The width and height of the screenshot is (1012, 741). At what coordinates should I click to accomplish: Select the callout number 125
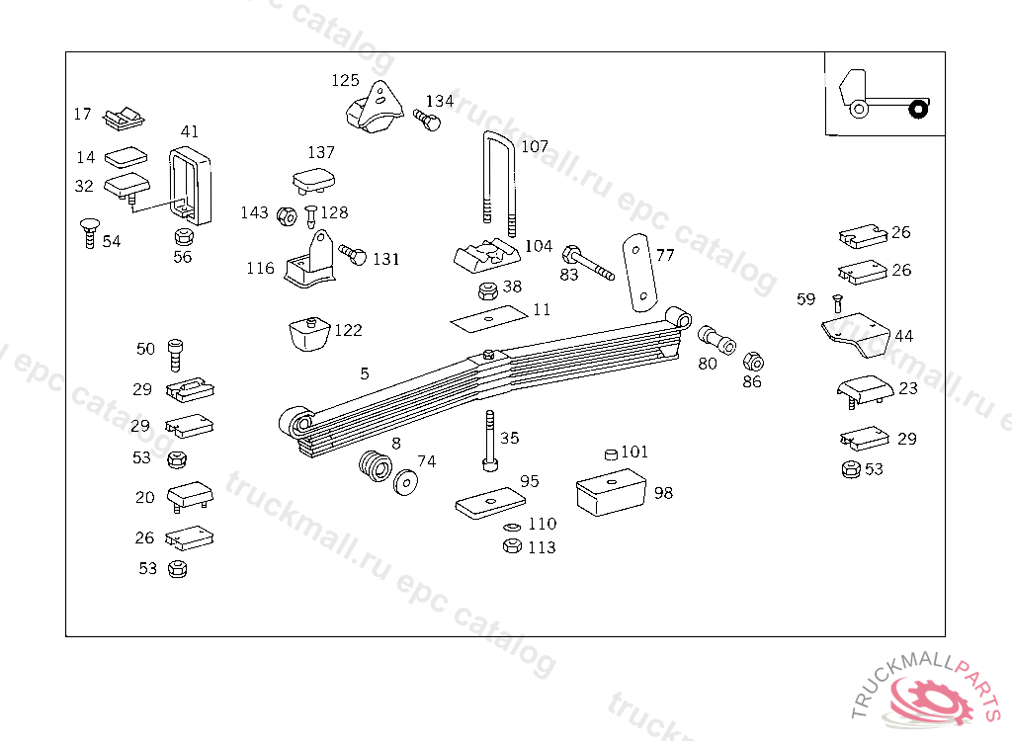click(345, 80)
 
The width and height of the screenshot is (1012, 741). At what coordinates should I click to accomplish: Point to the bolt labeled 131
click(353, 255)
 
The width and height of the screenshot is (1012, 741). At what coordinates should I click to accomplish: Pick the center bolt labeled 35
click(489, 442)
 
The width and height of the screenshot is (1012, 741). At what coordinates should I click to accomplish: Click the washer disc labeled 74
click(405, 483)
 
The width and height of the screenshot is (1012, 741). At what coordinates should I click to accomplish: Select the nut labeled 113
click(512, 546)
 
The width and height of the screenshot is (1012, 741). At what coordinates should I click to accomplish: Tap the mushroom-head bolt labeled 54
click(89, 233)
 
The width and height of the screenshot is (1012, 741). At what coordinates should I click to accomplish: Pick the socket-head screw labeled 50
click(176, 352)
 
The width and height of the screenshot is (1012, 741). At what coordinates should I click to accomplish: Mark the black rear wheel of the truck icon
click(919, 108)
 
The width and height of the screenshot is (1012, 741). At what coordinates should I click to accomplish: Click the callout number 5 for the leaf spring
click(365, 373)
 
